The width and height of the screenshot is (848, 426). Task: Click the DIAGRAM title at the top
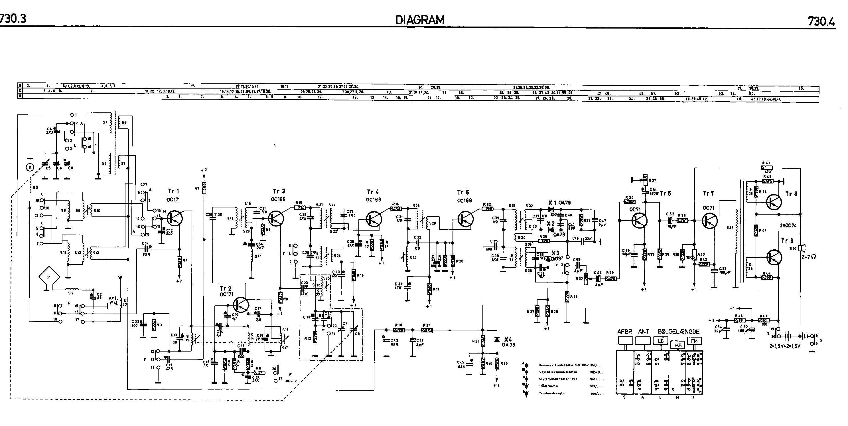[x=420, y=20]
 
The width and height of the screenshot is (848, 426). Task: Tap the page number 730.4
[x=821, y=22]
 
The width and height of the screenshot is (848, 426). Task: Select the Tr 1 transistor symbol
[x=175, y=218]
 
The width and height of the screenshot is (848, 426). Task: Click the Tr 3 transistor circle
[x=277, y=218]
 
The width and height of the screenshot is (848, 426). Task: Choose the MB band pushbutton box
[x=678, y=345]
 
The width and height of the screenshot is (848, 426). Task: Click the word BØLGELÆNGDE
[x=678, y=332]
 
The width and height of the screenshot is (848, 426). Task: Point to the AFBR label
[x=624, y=332]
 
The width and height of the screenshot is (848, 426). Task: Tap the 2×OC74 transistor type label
[x=788, y=226]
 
